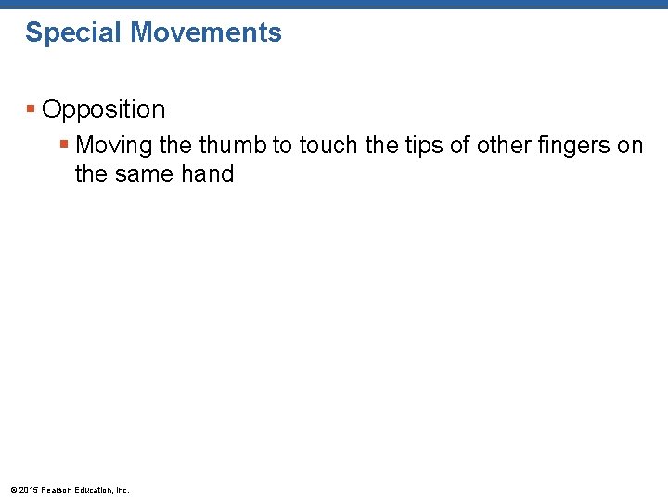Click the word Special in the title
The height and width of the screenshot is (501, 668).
coord(73,33)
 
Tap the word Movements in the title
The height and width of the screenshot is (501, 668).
coord(206,32)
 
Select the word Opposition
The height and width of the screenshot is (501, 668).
coord(104,109)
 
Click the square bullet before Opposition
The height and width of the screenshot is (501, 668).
coord(32,109)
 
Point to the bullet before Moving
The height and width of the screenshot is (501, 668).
coord(64,146)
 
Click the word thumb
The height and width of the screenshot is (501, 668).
coord(232,145)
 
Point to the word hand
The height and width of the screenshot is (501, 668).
coord(209,173)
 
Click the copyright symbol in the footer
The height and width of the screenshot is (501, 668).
coord(13,489)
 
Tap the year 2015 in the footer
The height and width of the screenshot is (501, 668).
coord(29,489)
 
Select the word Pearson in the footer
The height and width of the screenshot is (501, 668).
coord(57,489)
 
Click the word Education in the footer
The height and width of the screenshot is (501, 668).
coord(95,489)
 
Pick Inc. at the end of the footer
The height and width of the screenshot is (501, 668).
coord(122,489)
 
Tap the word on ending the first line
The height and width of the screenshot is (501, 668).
coord(630,146)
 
